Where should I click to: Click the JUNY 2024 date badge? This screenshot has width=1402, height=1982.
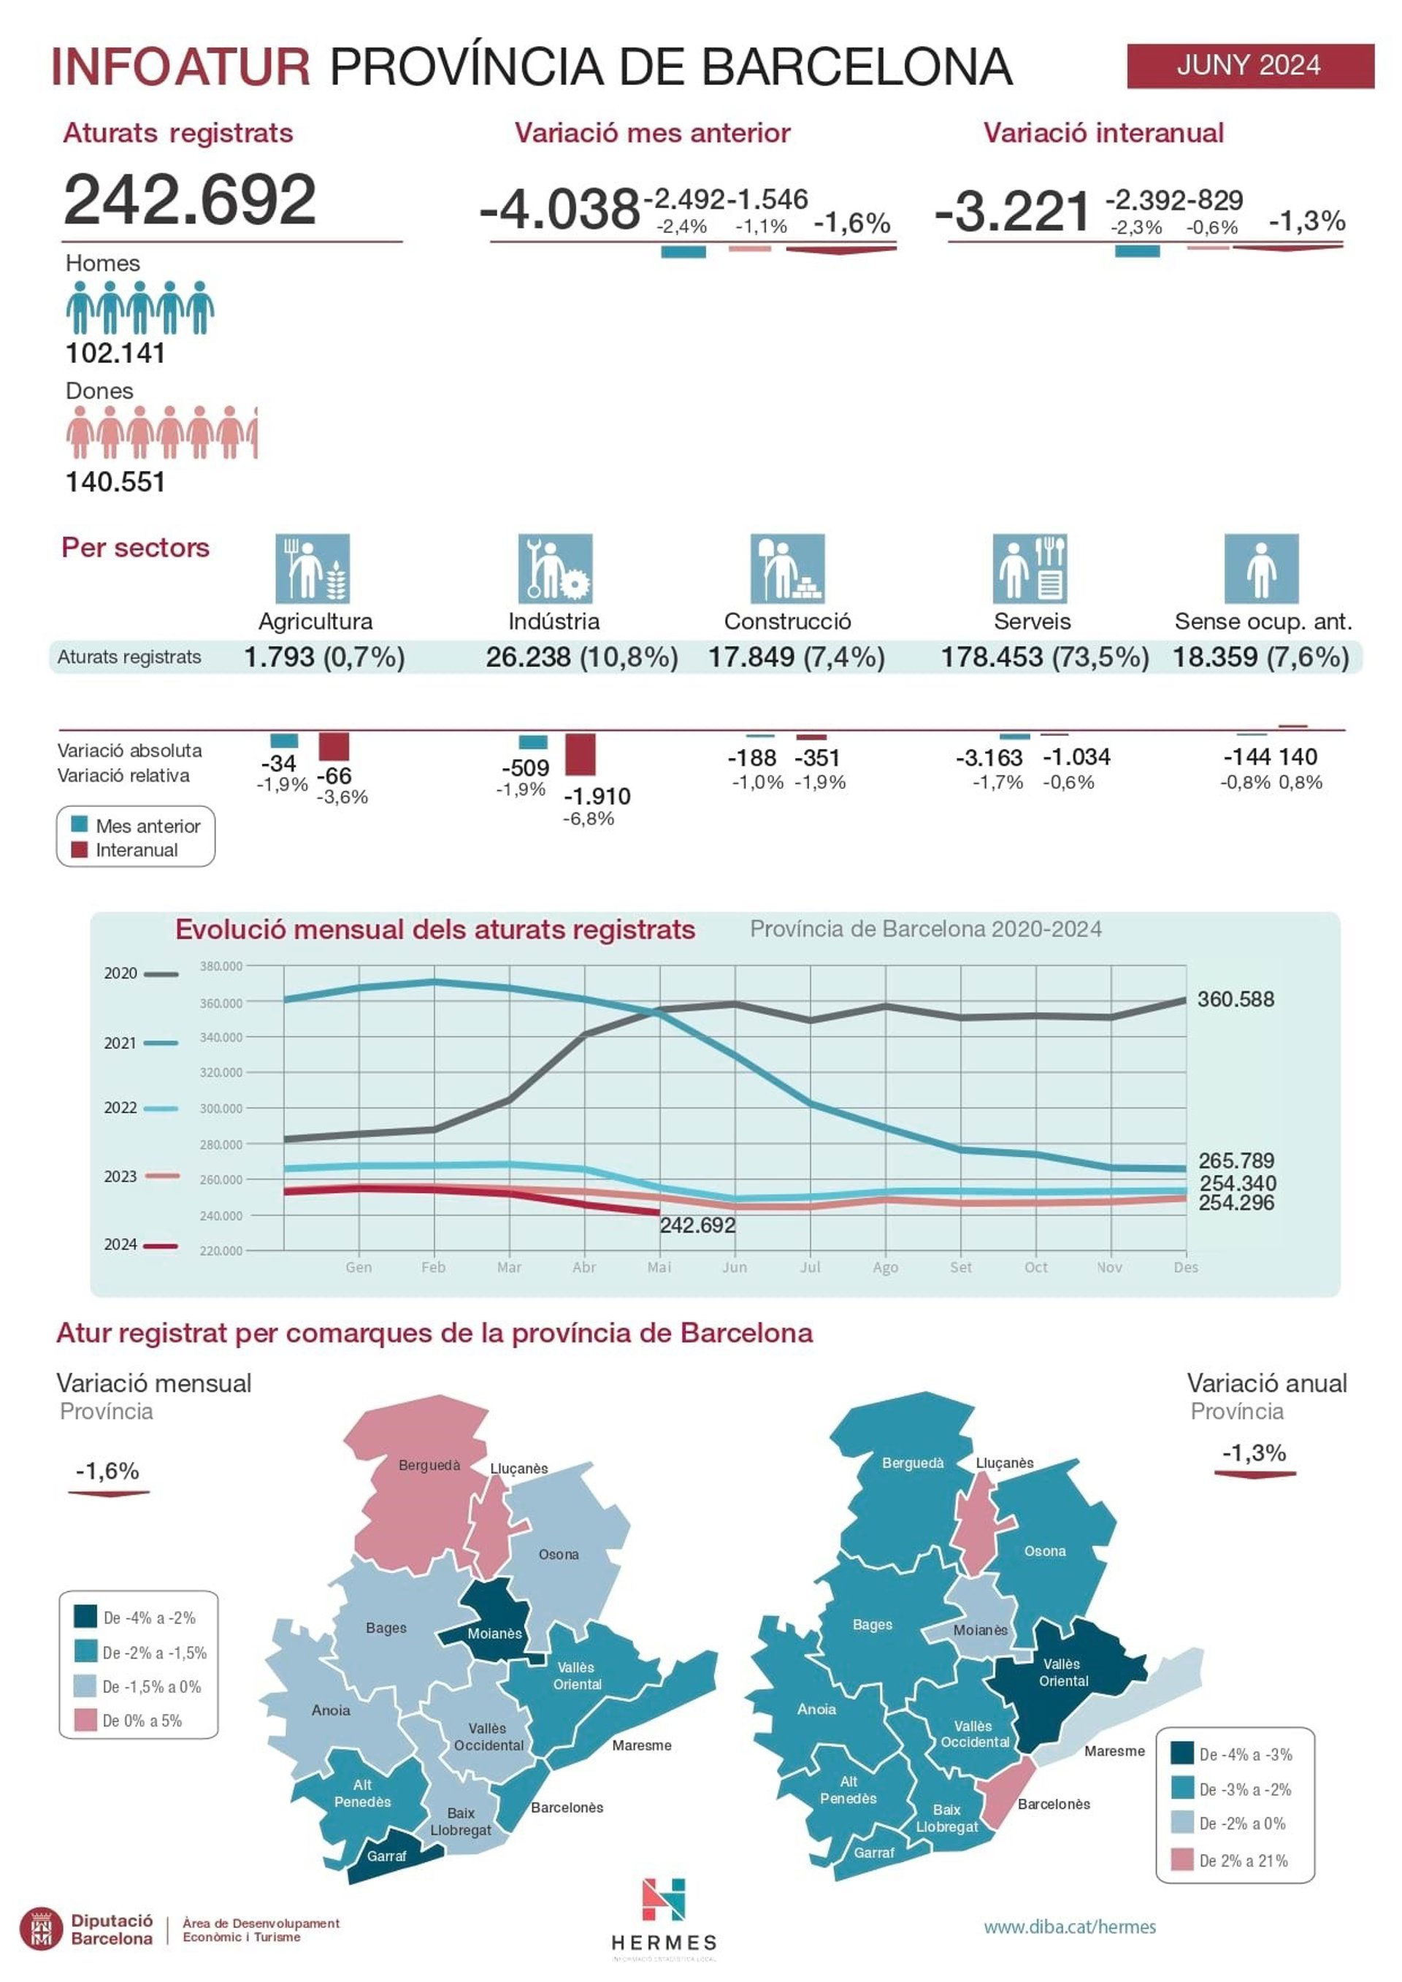tap(1249, 66)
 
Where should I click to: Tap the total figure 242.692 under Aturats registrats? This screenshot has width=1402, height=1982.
tap(190, 199)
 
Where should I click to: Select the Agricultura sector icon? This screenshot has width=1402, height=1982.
tap(313, 568)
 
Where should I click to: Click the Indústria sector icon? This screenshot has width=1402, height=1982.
tap(555, 568)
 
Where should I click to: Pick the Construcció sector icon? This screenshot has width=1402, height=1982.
tap(787, 568)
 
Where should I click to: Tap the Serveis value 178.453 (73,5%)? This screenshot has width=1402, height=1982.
tap(1045, 657)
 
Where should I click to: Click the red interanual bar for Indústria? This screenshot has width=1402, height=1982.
tap(580, 754)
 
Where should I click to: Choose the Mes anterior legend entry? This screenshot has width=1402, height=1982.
tap(138, 825)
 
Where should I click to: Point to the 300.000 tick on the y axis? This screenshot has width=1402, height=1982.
tap(221, 1108)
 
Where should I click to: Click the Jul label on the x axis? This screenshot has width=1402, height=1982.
tap(810, 1267)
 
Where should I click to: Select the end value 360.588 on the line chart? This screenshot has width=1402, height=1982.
tap(1236, 999)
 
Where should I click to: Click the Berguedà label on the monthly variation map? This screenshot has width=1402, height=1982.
tap(429, 1465)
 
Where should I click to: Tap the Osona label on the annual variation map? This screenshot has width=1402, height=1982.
tap(1045, 1550)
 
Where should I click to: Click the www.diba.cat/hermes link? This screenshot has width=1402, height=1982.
tap(1070, 1926)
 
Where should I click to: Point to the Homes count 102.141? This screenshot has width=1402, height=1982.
tap(115, 353)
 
